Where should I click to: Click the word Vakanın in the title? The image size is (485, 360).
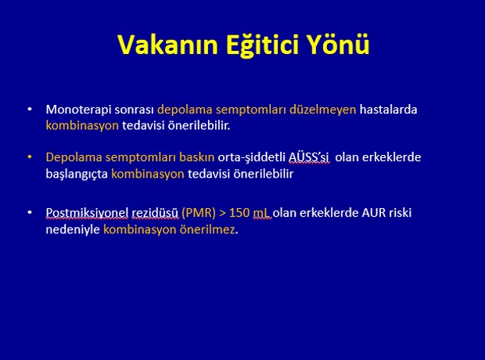click(x=168, y=45)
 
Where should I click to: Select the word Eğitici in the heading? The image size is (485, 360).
click(x=263, y=45)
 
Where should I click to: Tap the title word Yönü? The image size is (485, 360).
click(x=339, y=45)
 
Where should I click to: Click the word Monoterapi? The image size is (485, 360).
click(x=78, y=110)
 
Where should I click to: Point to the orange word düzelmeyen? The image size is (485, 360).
click(x=322, y=110)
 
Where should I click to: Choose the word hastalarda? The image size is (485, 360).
click(x=388, y=110)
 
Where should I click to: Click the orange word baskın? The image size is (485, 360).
click(x=196, y=157)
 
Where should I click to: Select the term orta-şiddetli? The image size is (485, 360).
click(x=251, y=157)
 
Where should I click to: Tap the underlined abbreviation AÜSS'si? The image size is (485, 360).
click(x=309, y=157)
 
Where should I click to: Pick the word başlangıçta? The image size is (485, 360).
click(x=77, y=174)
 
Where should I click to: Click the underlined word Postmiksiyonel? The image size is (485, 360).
click(x=87, y=213)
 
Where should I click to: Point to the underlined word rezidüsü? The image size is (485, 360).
click(x=155, y=213)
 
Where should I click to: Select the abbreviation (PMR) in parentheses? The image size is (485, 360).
click(x=199, y=213)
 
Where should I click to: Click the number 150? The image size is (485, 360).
click(x=239, y=213)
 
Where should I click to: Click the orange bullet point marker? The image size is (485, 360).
click(x=30, y=157)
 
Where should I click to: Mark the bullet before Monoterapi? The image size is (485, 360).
click(x=30, y=109)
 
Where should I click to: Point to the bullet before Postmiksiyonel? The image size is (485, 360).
click(x=30, y=212)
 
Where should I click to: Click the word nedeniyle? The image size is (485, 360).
click(x=73, y=230)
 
